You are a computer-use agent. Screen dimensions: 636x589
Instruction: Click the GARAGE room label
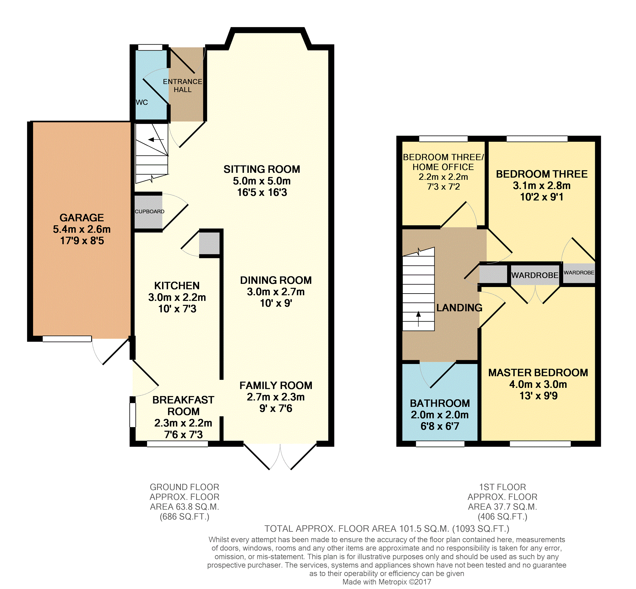[x=82, y=218]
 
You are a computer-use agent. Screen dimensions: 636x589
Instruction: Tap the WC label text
[x=142, y=102]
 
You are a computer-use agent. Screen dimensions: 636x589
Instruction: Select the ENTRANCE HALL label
[x=182, y=86]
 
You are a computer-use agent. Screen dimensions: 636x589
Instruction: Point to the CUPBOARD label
[x=149, y=211]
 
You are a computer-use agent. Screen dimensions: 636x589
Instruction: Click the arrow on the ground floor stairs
[x=156, y=140]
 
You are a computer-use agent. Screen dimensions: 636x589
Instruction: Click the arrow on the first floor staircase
[x=418, y=319]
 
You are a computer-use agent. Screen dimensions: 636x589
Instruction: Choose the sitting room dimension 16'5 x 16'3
[x=262, y=192]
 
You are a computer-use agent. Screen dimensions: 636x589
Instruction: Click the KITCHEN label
[x=177, y=286]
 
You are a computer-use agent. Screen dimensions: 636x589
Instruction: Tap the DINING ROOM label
[x=276, y=280]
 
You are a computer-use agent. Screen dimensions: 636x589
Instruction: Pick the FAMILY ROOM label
[x=276, y=385]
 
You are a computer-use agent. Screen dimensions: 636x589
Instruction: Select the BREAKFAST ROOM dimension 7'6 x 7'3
[x=183, y=434]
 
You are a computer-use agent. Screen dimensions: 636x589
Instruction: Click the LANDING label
[x=459, y=308]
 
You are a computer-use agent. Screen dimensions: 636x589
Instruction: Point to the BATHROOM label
[x=440, y=403]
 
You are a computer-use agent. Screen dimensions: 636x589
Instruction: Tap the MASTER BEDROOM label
[x=538, y=372]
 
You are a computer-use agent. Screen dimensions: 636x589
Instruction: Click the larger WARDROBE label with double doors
[x=535, y=275]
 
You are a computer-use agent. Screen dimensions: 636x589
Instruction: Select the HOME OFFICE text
[x=443, y=167]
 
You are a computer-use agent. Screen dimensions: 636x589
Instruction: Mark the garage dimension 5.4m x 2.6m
[x=82, y=229]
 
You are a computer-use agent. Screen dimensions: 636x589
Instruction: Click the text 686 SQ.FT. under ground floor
[x=184, y=517]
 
